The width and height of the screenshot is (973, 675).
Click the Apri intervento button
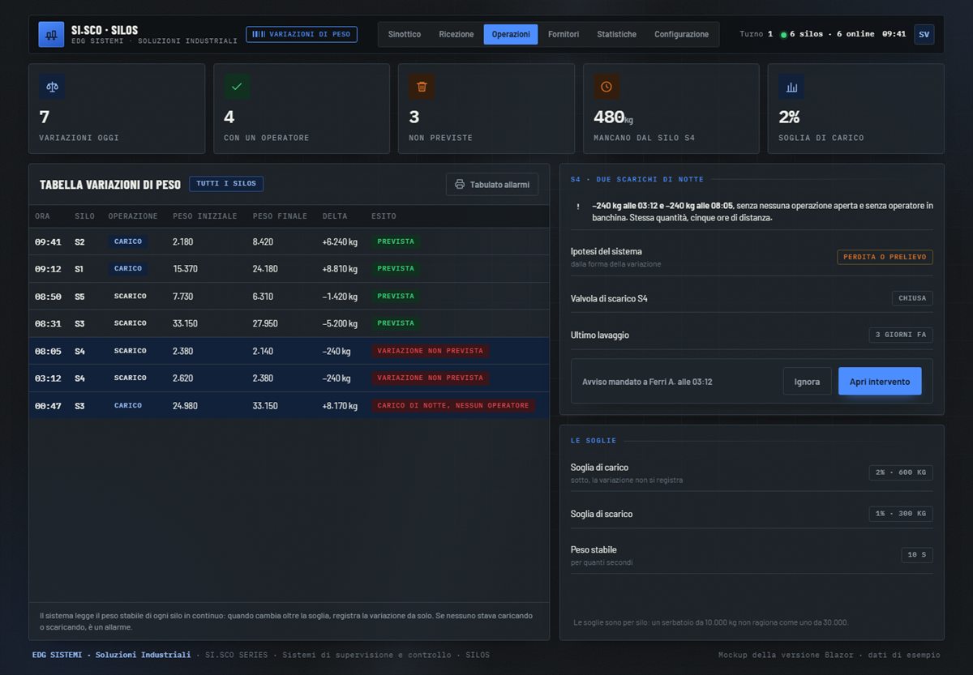click(x=880, y=381)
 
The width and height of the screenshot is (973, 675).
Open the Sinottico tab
click(x=404, y=34)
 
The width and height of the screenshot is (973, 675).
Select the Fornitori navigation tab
click(x=564, y=34)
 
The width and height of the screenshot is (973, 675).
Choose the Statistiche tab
click(x=616, y=34)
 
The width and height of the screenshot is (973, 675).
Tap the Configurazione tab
click(x=681, y=34)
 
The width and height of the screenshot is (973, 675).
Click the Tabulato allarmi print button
click(x=492, y=185)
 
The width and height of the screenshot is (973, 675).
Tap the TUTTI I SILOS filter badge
click(x=226, y=184)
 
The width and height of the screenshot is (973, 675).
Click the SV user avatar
click(x=924, y=34)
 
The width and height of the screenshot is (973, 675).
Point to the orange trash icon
click(x=422, y=87)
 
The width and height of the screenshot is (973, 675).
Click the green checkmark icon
click(x=237, y=87)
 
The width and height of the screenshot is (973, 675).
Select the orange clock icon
click(x=607, y=87)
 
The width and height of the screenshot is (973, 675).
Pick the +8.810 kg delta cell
click(x=340, y=269)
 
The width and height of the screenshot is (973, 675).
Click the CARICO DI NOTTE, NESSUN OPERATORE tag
click(x=453, y=405)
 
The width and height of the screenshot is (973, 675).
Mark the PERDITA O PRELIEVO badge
click(x=885, y=257)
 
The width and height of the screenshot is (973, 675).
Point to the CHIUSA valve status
click(x=912, y=298)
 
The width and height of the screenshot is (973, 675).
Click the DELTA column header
click(x=334, y=216)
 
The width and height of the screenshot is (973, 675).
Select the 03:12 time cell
click(x=48, y=378)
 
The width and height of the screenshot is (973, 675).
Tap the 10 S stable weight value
click(x=916, y=555)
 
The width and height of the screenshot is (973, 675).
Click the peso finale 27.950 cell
click(x=265, y=323)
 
